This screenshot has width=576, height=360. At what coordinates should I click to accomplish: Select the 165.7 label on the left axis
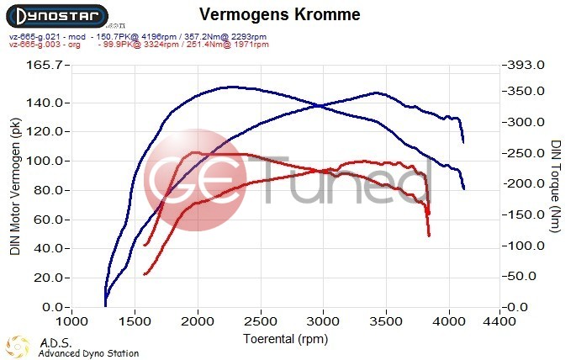42,66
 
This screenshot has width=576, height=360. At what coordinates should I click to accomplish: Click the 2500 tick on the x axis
260,321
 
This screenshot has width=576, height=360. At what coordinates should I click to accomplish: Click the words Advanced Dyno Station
88,353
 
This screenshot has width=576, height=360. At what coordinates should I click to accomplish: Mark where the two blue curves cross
321,105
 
